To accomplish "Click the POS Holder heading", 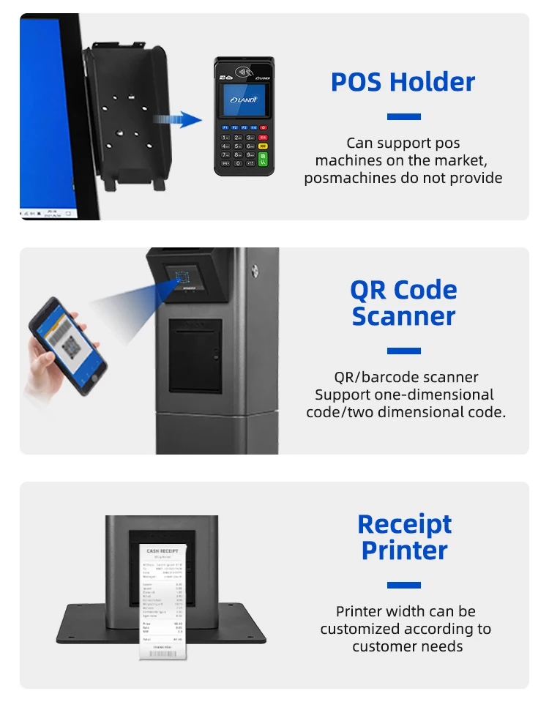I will point(403,81).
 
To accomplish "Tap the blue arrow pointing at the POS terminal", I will point(180,119).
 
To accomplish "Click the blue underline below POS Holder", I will point(403,116).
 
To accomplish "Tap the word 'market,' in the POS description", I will point(462,160).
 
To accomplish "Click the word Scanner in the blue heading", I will point(403,316).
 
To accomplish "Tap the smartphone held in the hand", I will point(67,345).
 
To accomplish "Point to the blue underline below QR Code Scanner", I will point(403,351).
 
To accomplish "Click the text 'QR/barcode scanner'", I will point(406,378).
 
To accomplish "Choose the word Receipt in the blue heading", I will point(404,524).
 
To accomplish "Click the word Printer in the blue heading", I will point(404,550).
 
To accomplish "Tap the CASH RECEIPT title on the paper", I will point(163,550).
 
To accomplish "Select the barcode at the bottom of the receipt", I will point(162,649).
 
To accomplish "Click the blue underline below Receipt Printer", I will point(403,585).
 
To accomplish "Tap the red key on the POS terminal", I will point(263,127).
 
